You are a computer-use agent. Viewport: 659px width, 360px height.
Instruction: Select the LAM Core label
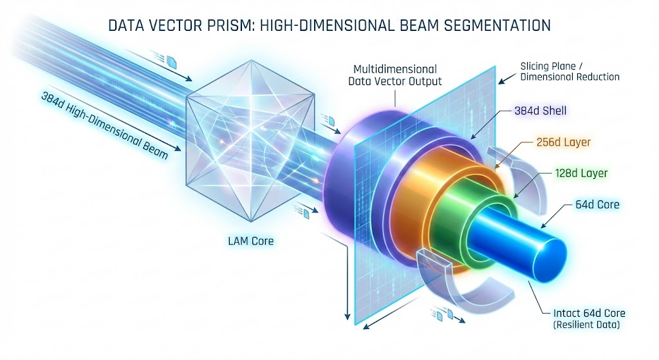click(251, 241)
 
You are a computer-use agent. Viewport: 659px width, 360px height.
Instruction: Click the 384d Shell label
click(541, 111)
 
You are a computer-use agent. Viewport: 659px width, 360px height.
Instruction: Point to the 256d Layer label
click(564, 142)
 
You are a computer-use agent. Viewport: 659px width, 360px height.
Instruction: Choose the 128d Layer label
click(581, 173)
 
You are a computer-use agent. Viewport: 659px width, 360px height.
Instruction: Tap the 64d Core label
click(597, 204)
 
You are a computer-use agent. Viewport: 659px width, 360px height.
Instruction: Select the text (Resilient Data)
click(586, 325)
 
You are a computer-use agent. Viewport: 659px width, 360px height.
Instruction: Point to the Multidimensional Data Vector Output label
click(395, 75)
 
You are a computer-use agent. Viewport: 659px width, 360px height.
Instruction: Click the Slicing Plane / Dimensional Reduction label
click(570, 71)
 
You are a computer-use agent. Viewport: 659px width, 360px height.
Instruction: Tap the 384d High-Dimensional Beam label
click(105, 126)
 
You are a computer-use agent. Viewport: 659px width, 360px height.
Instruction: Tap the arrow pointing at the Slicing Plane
click(507, 79)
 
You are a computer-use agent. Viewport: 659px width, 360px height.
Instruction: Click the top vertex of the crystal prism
click(252, 60)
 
